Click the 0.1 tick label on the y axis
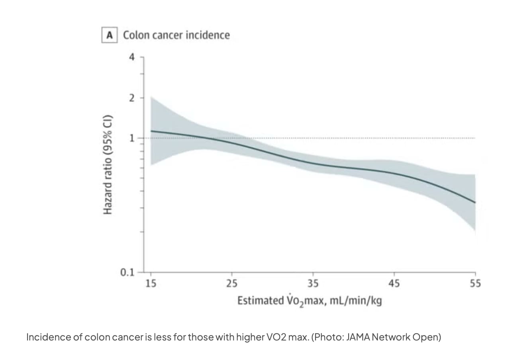click(x=127, y=272)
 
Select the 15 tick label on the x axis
click(x=151, y=284)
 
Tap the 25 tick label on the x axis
click(x=232, y=284)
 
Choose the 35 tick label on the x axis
click(x=313, y=284)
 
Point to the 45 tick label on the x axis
click(x=394, y=284)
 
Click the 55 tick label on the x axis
click(x=475, y=284)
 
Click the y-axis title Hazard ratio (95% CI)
click(x=108, y=164)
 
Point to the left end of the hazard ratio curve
click(x=151, y=131)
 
